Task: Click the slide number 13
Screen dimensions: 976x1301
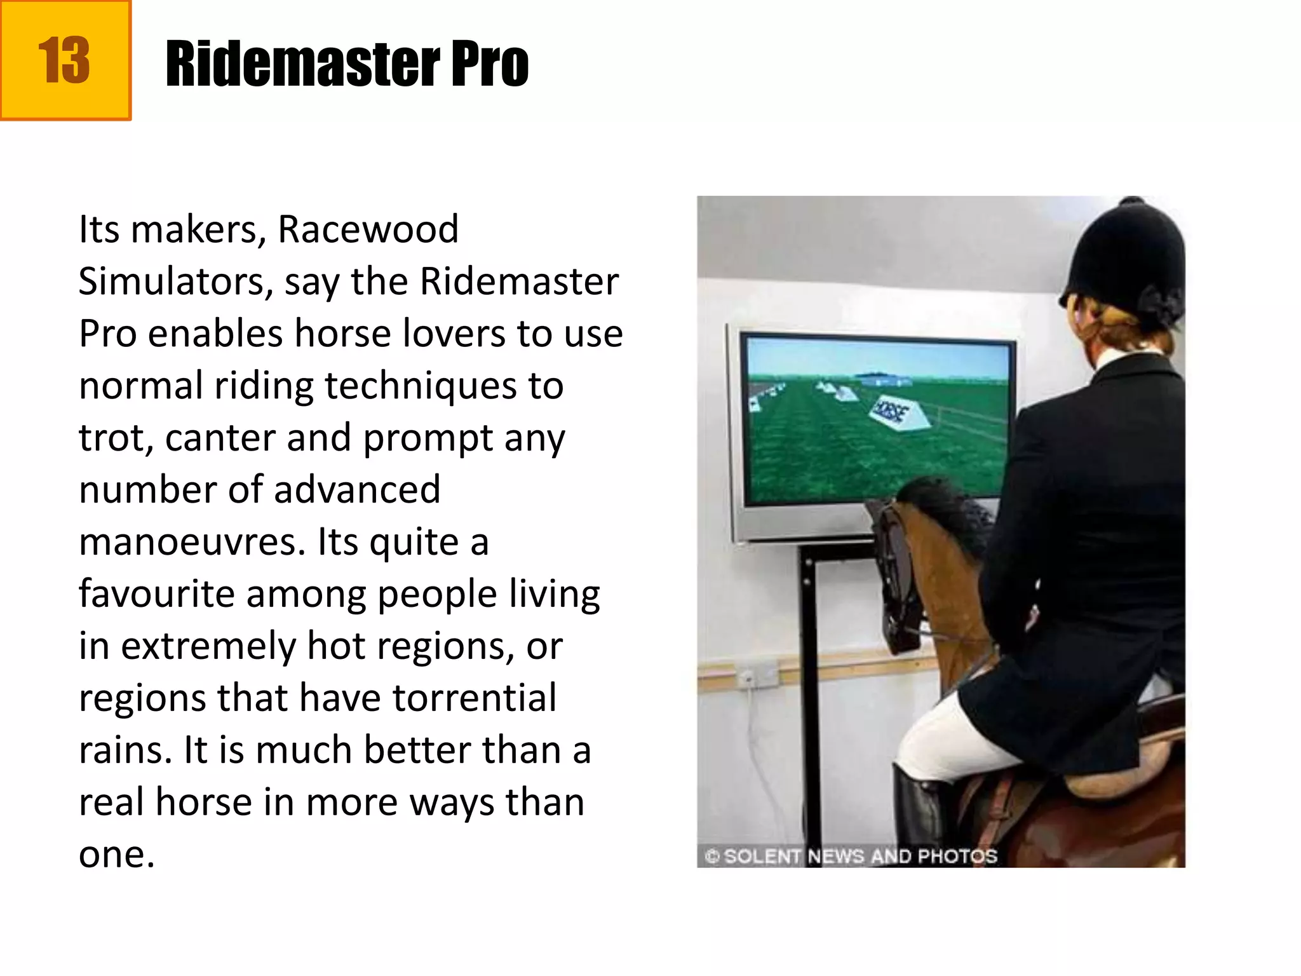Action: [64, 60]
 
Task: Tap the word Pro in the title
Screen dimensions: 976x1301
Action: [489, 64]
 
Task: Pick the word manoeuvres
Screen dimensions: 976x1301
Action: [193, 542]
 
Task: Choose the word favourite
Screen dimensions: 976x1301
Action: [156, 594]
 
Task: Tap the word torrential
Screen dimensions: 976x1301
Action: [474, 698]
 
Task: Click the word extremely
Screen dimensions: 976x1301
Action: [208, 646]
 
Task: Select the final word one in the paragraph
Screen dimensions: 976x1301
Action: [116, 854]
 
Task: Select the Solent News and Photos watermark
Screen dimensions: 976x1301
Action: [851, 856]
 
